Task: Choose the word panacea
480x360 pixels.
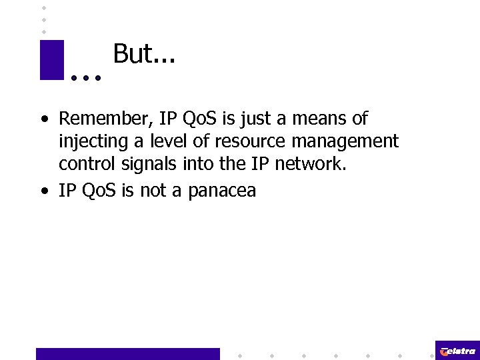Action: (222, 191)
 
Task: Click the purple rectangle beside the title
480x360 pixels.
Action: (52, 60)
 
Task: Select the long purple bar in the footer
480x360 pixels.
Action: (127, 353)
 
